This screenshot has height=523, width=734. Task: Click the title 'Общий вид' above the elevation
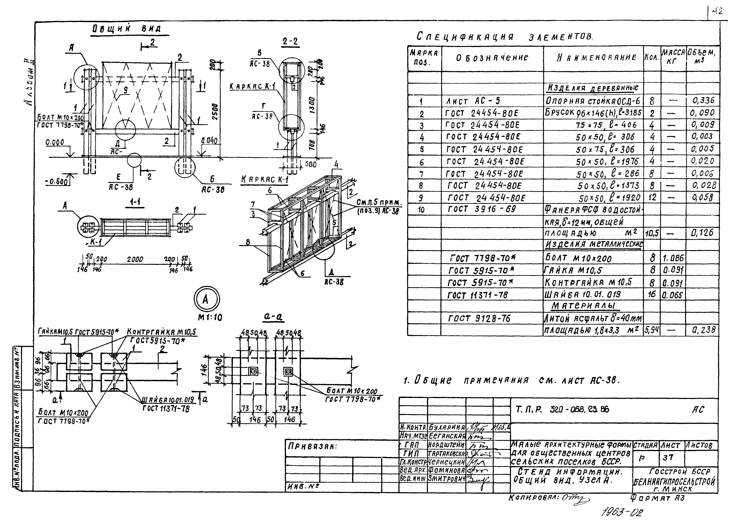[127, 29]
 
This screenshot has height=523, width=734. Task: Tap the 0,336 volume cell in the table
[703, 101]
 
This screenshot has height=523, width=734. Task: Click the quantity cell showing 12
[652, 197]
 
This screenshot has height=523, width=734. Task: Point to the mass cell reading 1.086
[673, 258]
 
